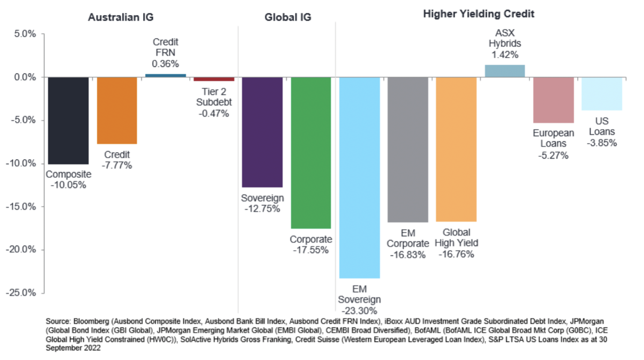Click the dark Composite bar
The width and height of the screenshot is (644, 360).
click(68, 120)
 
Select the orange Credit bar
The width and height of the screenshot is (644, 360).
click(117, 110)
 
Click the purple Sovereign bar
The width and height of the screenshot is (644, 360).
click(262, 132)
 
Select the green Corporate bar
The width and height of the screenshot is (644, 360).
click(311, 152)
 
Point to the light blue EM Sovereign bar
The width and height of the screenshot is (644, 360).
click(359, 177)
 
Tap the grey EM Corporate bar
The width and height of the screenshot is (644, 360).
click(408, 149)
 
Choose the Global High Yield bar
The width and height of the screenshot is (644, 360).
click(457, 149)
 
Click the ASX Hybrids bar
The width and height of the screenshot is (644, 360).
click(505, 71)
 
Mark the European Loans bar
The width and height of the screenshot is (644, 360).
click(553, 100)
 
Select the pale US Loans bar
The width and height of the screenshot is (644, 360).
click(602, 94)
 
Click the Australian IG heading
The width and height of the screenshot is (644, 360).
click(121, 17)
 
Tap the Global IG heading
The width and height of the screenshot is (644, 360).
click(288, 17)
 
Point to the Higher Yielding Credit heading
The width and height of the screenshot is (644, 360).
click(479, 14)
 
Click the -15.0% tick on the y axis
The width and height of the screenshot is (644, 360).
click(23, 206)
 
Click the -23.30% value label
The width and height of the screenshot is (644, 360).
click(359, 310)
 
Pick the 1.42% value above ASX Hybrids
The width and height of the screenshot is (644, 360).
click(505, 55)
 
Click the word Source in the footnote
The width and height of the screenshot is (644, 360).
click(57, 322)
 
